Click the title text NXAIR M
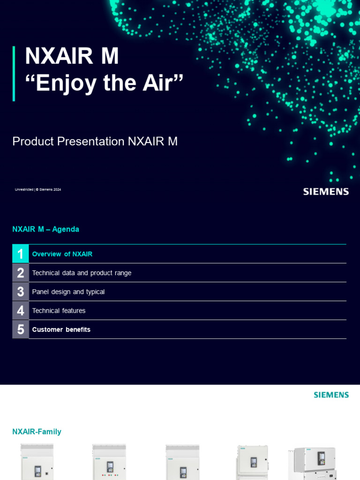[72, 56]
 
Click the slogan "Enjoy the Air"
[104, 83]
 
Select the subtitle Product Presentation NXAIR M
[95, 141]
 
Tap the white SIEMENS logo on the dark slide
[326, 191]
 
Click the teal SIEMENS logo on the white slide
[331, 395]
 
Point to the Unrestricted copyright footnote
[38, 189]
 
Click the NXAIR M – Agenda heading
[45, 229]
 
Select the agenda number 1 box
[21, 254]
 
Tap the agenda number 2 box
[21, 273]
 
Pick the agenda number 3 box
[21, 292]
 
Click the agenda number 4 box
[21, 310]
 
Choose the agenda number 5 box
[21, 329]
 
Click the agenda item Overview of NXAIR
[62, 254]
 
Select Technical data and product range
[82, 273]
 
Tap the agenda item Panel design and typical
[68, 292]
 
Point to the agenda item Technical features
[59, 310]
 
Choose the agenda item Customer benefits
[61, 330]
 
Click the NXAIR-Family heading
[37, 432]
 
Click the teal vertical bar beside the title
[14, 74]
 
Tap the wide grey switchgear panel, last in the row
[312, 463]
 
